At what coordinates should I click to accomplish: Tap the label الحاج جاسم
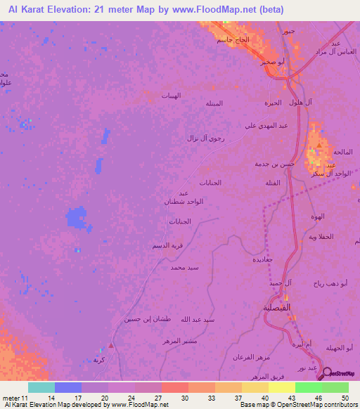231,39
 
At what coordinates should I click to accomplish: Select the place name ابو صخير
271,62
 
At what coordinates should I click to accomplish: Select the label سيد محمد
184,268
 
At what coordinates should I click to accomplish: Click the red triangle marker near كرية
110,346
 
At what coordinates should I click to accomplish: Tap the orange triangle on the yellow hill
319,146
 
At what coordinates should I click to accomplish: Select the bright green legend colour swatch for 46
308,388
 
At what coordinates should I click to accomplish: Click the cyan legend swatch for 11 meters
41,388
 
